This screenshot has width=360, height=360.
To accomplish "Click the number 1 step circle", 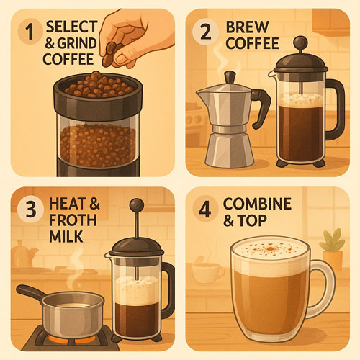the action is (x=30, y=32).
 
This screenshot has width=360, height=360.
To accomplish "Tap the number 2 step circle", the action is (x=205, y=32).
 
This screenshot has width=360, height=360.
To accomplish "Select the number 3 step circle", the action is (x=31, y=209).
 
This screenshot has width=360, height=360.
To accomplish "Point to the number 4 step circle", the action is (x=205, y=209).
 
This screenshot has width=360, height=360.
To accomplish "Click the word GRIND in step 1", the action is (x=77, y=43).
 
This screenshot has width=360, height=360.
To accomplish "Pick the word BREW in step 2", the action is (x=247, y=27).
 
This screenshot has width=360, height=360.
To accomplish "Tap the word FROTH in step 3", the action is (x=73, y=220).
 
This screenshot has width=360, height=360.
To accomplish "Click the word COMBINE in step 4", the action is (x=257, y=204).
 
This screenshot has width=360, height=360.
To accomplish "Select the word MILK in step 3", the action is (x=66, y=236).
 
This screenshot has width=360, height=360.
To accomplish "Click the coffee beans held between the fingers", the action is (x=111, y=53).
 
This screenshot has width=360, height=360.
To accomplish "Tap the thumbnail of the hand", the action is (x=122, y=58).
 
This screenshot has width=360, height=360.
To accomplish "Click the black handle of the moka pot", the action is (x=260, y=107).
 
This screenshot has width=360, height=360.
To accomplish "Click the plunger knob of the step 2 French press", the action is (x=300, y=43).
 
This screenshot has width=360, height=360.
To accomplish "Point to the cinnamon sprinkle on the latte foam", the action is (x=270, y=248).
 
